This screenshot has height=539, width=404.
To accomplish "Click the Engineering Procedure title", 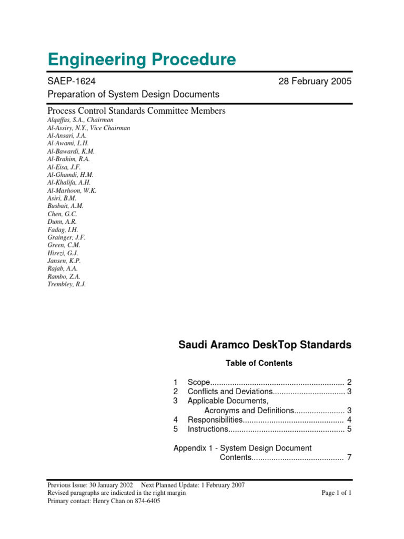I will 142,59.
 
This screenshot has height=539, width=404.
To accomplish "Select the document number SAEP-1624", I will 72,81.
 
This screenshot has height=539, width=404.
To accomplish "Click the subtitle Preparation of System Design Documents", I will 133,94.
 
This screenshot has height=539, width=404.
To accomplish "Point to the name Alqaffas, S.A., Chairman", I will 80,120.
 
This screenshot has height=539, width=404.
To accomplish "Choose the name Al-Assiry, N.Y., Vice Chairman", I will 88,128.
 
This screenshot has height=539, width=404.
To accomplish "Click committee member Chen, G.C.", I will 62,214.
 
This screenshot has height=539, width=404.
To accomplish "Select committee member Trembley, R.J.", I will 66,284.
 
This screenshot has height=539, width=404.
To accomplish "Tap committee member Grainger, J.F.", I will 66,237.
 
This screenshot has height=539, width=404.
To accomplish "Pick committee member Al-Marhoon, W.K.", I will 72,191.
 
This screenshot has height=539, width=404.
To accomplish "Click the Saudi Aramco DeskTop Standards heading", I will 265,345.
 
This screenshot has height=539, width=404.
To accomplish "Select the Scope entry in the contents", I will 199,382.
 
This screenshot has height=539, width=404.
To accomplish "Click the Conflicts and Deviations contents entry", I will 229,392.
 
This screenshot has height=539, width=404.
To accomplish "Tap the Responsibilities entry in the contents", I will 215,420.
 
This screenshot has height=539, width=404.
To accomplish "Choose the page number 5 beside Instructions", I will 349,430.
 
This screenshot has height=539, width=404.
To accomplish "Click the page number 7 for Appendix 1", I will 349,458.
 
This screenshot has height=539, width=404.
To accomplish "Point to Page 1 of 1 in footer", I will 336,493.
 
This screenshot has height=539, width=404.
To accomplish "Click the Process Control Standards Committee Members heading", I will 136,111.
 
